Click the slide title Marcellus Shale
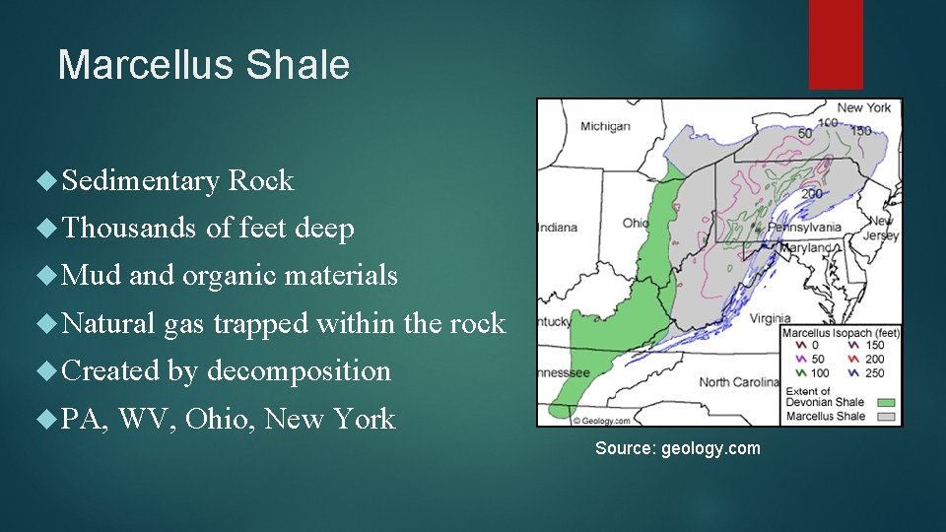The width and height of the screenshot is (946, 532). (x=204, y=65)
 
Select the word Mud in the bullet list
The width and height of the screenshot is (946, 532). (x=92, y=276)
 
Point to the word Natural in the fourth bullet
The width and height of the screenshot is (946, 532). (x=109, y=323)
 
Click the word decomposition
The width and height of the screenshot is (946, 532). (x=299, y=371)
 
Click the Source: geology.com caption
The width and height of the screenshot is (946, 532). (x=677, y=448)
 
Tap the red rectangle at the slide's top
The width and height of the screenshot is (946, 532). (x=836, y=44)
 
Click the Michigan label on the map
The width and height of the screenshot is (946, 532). (x=605, y=126)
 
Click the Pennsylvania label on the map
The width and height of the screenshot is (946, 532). (x=805, y=227)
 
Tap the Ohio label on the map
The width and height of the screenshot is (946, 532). (x=636, y=224)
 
